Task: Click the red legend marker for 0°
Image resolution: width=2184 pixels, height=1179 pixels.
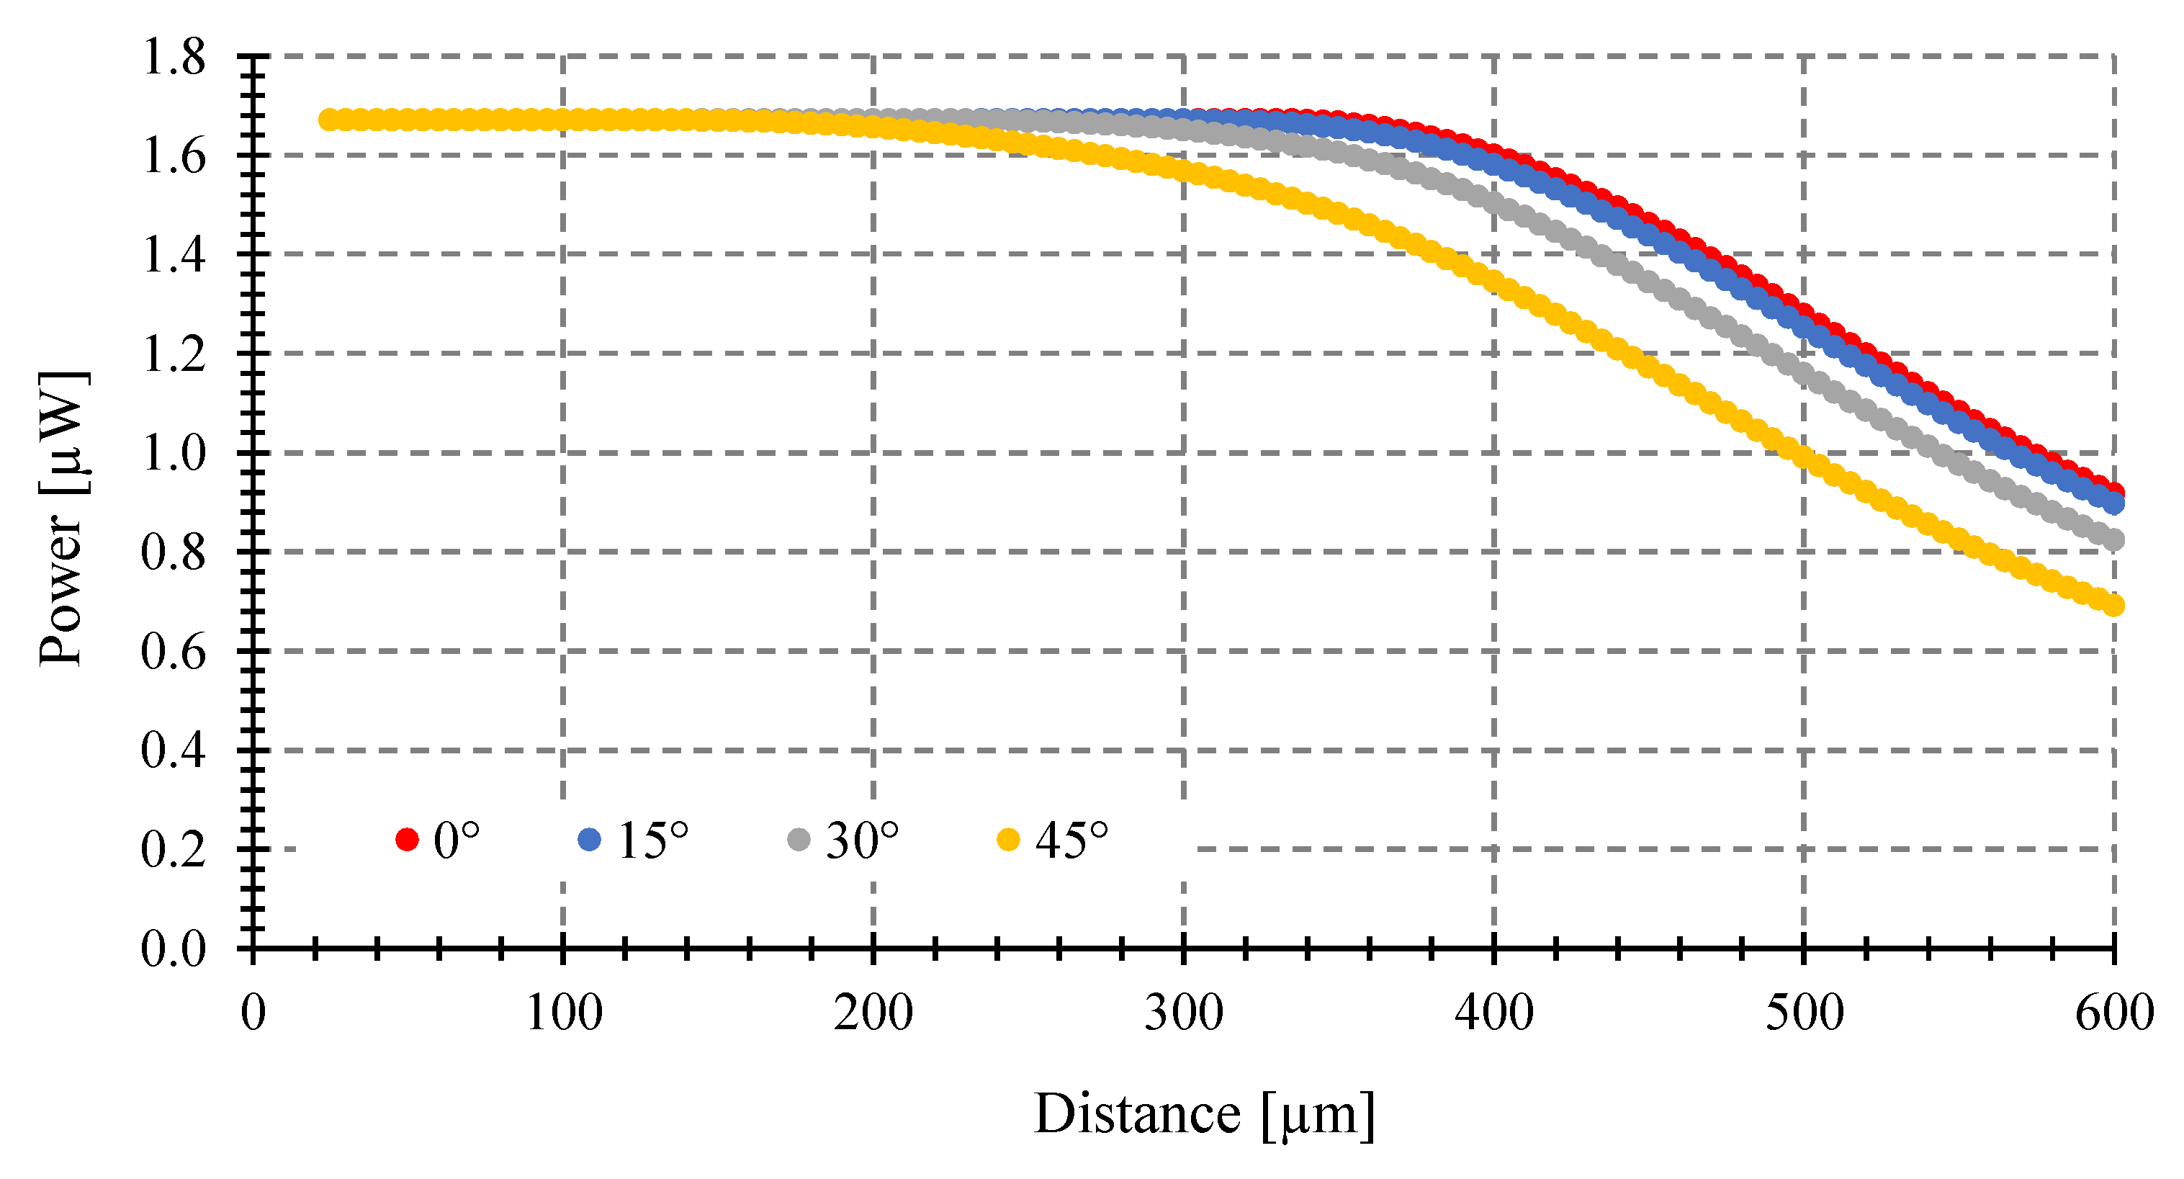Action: (x=407, y=840)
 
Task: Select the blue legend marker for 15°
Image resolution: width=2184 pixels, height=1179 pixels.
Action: (x=589, y=840)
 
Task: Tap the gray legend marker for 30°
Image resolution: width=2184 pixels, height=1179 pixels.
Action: (x=799, y=840)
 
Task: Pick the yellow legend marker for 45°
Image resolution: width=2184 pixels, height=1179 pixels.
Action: (x=1008, y=840)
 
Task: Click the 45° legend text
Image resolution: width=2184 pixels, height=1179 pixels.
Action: (x=1071, y=841)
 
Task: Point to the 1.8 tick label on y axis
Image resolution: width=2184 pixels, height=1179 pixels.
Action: (x=173, y=58)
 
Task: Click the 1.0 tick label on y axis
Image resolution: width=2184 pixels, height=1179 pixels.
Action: (x=173, y=453)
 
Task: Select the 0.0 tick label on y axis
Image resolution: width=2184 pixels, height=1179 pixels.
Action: (x=173, y=949)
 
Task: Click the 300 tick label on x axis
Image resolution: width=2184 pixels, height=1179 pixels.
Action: (x=1184, y=1013)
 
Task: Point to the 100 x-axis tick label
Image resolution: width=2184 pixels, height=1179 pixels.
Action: (x=563, y=1013)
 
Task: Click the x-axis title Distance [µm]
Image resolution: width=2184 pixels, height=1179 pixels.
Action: (x=1204, y=1114)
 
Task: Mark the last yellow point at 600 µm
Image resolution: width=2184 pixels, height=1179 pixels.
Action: (x=2114, y=605)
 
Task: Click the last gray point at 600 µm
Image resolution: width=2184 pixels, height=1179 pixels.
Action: (x=2114, y=539)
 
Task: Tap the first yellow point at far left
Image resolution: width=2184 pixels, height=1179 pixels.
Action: (x=329, y=120)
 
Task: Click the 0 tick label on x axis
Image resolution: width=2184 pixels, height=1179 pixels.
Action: (x=253, y=1013)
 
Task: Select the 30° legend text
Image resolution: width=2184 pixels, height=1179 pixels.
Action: (x=861, y=841)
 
